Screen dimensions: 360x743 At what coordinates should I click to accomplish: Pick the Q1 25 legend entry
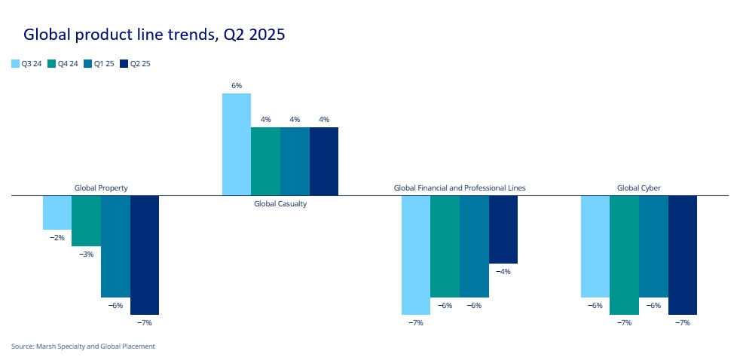click(99, 64)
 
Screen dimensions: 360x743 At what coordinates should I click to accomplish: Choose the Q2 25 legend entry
click(135, 64)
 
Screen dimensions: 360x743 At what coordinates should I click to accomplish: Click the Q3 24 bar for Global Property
click(57, 212)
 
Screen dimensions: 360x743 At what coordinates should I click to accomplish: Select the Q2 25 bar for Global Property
click(145, 255)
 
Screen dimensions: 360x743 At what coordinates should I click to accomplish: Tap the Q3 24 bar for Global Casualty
click(237, 144)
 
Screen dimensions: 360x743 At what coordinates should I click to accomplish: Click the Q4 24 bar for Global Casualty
click(265, 161)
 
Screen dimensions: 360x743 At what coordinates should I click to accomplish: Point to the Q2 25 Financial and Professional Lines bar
click(503, 229)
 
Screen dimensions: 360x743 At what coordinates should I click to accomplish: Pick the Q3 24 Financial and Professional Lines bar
click(416, 255)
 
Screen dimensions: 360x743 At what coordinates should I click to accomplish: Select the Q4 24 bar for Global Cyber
click(624, 255)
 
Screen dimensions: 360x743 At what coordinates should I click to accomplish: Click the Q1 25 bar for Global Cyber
click(653, 246)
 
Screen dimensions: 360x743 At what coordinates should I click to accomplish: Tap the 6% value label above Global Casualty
click(237, 86)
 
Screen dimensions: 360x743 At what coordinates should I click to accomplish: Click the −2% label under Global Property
click(57, 237)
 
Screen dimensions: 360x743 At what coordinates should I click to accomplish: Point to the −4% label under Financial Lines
click(503, 272)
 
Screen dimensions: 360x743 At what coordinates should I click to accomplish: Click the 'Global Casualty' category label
click(280, 203)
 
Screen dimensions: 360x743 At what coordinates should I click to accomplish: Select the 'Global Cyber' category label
click(638, 188)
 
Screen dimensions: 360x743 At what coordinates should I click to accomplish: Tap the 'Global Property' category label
click(101, 188)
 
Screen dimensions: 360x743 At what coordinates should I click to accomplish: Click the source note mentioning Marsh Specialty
click(83, 346)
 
